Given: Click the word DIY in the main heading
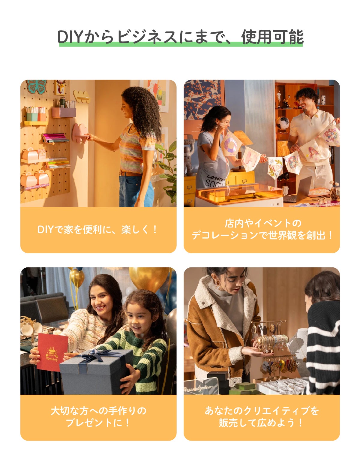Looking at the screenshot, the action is tap(70, 37).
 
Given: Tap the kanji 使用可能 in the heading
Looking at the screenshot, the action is tap(272, 37).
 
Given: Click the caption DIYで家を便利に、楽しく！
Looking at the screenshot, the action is tap(97, 230).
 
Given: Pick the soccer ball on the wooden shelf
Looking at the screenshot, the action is tap(283, 123).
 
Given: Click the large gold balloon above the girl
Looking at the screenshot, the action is tap(149, 279).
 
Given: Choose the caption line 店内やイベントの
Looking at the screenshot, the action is tap(263, 223).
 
